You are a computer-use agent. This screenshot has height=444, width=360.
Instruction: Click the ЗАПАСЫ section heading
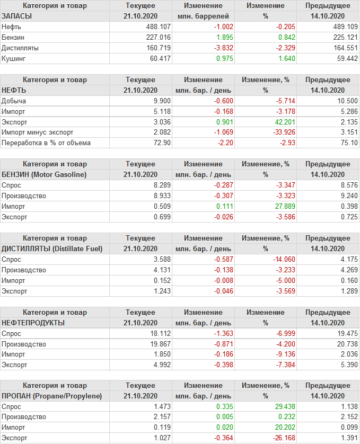pos(17,16)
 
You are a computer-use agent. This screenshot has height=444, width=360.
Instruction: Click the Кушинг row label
pos(13,58)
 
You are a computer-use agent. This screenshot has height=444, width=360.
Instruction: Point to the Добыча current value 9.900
pos(162,101)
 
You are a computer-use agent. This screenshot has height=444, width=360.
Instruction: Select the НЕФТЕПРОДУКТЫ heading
pos(33,323)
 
